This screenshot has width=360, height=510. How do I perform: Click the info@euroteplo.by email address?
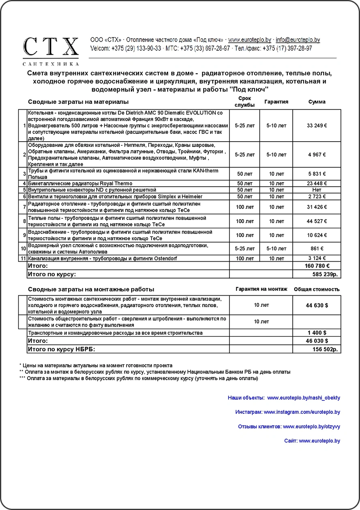tap(298, 40)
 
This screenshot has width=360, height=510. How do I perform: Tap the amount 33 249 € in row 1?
tap(317, 126)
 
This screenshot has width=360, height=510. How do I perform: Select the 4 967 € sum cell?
tap(317, 155)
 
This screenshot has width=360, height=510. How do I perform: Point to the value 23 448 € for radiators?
tap(317, 183)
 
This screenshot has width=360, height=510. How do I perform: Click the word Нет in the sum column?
tap(317, 190)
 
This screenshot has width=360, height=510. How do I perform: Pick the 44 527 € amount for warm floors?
tap(317, 222)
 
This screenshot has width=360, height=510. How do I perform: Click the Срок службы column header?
tap(244, 102)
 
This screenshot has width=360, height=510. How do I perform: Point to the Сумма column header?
tap(317, 102)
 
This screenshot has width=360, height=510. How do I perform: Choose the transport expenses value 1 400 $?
tap(317, 333)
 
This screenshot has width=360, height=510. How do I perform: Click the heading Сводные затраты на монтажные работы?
tap(91, 289)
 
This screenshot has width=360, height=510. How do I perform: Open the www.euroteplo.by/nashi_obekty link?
tap(304, 398)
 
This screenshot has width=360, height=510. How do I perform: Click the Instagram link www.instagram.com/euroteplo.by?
tap(302, 412)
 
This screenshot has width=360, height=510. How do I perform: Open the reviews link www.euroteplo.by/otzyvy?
tap(311, 426)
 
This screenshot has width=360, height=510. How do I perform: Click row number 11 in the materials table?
tap(23, 258)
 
